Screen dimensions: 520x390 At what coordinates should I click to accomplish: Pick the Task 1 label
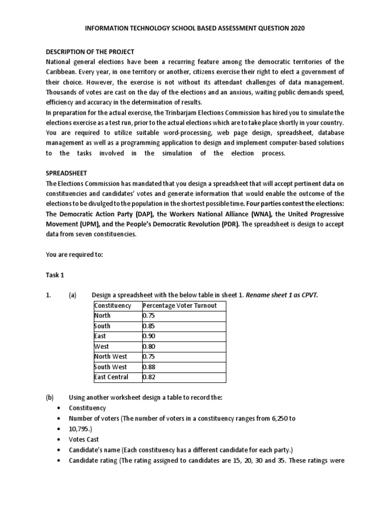pos(55,275)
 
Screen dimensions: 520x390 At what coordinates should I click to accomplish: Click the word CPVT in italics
pos(307,295)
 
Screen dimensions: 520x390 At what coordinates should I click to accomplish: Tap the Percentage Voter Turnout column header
pos(180,305)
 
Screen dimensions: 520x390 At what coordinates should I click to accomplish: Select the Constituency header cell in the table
pos(113,305)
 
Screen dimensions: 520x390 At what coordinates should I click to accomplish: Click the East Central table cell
pos(111,377)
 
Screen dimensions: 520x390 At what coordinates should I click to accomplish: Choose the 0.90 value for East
pos(150,336)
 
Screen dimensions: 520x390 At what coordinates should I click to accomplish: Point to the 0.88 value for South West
pos(150,367)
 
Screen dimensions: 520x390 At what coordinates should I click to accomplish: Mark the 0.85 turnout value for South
pos(150,326)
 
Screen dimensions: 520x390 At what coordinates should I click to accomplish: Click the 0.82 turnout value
pos(150,377)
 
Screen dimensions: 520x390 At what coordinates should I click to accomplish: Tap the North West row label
pos(111,356)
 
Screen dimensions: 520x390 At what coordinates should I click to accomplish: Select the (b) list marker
pos(50,398)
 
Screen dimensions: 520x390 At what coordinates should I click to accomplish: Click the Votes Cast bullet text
pos(84,439)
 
